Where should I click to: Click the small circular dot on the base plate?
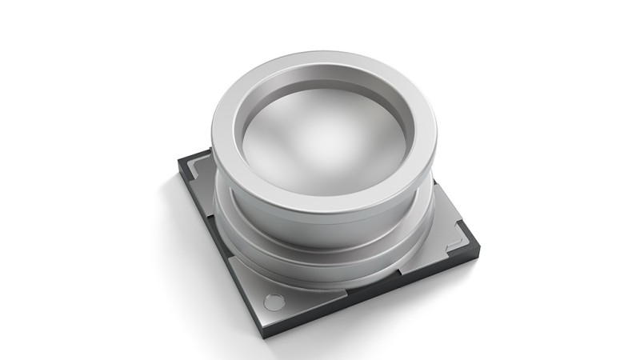pos(274,302)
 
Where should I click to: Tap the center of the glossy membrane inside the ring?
pos(320,136)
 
